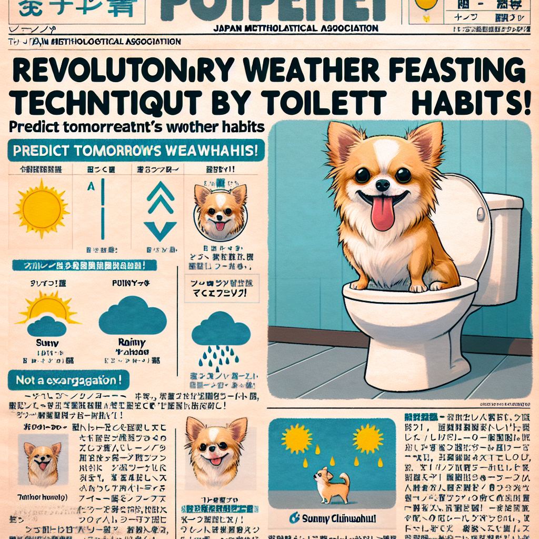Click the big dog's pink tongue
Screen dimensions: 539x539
(383, 213)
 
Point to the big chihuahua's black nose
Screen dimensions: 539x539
(383, 185)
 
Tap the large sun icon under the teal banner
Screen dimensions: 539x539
(41, 208)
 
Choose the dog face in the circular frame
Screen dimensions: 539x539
(220, 211)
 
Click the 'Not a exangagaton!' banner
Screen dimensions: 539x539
(62, 379)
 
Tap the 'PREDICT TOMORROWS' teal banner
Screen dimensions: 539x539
(136, 150)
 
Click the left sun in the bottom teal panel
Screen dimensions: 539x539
(297, 438)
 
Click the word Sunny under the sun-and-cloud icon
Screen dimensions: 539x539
(46, 343)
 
